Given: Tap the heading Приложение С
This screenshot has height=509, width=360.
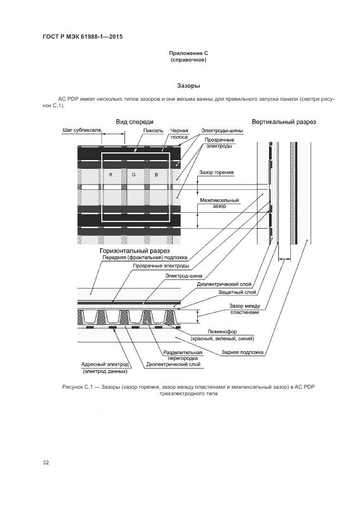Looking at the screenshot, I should [x=188, y=53].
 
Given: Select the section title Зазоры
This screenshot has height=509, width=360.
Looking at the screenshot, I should [x=188, y=86].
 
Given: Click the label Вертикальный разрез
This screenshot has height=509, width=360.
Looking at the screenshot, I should [x=284, y=121].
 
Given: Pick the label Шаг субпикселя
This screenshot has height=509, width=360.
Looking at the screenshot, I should [x=82, y=131].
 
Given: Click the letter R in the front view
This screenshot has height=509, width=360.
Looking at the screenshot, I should [x=111, y=175].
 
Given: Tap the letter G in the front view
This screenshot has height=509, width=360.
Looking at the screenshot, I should [x=133, y=175].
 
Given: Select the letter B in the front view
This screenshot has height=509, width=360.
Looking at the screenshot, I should [x=156, y=175].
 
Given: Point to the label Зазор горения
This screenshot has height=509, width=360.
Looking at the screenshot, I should [x=216, y=173].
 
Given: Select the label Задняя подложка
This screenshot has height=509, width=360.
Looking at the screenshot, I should [x=242, y=352].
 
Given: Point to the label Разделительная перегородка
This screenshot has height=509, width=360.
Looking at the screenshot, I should [x=172, y=355].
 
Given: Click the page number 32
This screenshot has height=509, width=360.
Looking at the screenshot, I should [x=46, y=462].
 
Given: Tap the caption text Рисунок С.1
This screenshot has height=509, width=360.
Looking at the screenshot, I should [x=80, y=387].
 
